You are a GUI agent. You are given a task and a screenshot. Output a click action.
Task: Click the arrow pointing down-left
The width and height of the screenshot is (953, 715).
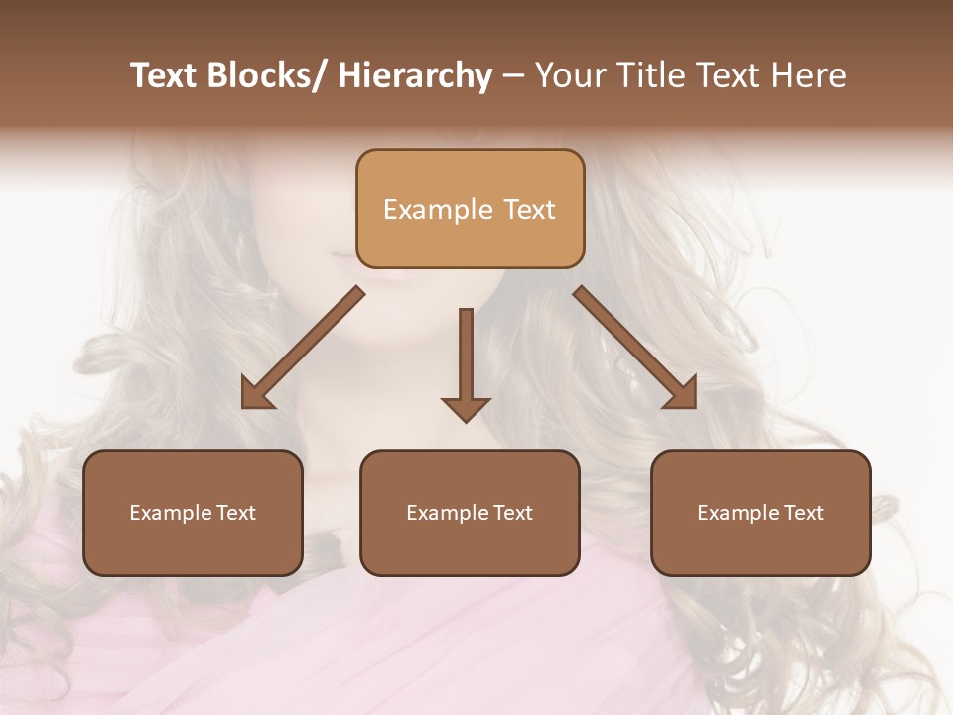(303, 348)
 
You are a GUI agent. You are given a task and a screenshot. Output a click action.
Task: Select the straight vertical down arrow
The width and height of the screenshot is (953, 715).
(466, 362)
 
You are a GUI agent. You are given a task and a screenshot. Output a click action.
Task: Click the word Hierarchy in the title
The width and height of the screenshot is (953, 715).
(415, 75)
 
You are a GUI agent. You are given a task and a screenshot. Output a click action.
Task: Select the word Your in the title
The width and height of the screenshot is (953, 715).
(569, 75)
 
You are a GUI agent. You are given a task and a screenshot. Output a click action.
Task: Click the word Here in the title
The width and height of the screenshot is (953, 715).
(810, 75)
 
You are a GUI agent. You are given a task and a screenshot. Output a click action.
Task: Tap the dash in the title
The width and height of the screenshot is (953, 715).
(513, 75)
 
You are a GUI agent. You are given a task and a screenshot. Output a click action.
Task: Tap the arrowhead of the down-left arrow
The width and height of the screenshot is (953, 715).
(257, 393)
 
